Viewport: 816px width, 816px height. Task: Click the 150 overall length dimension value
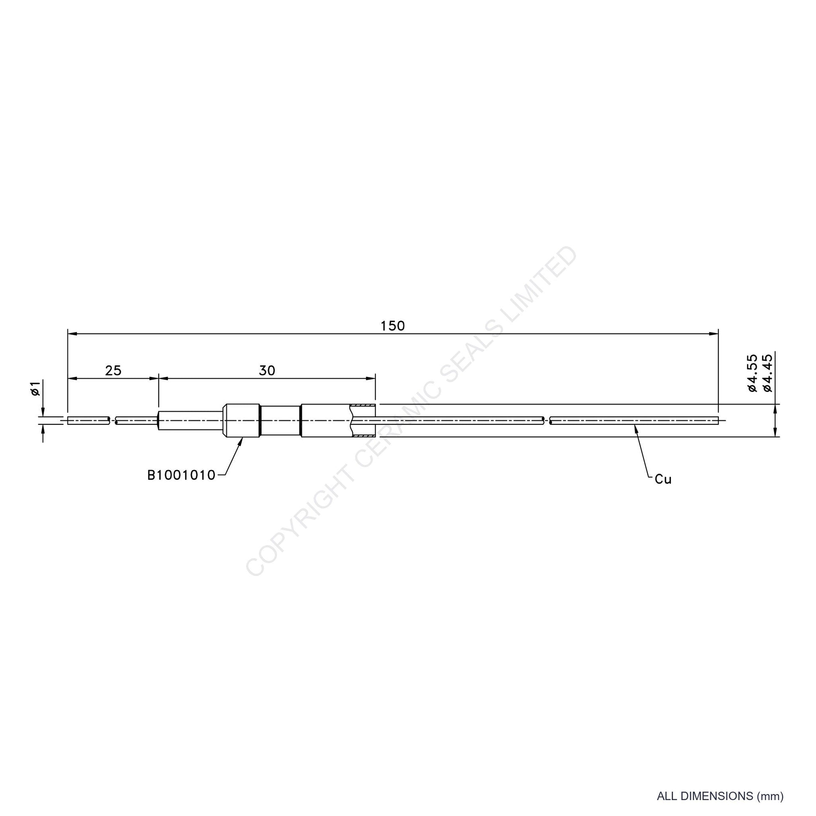(x=392, y=326)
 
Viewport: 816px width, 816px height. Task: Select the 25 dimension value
(x=113, y=370)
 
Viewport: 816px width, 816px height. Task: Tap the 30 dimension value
(x=267, y=370)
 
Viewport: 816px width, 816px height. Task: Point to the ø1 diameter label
(x=36, y=388)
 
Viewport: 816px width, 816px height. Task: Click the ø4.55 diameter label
(x=753, y=373)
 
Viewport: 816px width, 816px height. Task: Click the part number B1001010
(x=181, y=476)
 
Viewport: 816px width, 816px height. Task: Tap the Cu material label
(x=663, y=479)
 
